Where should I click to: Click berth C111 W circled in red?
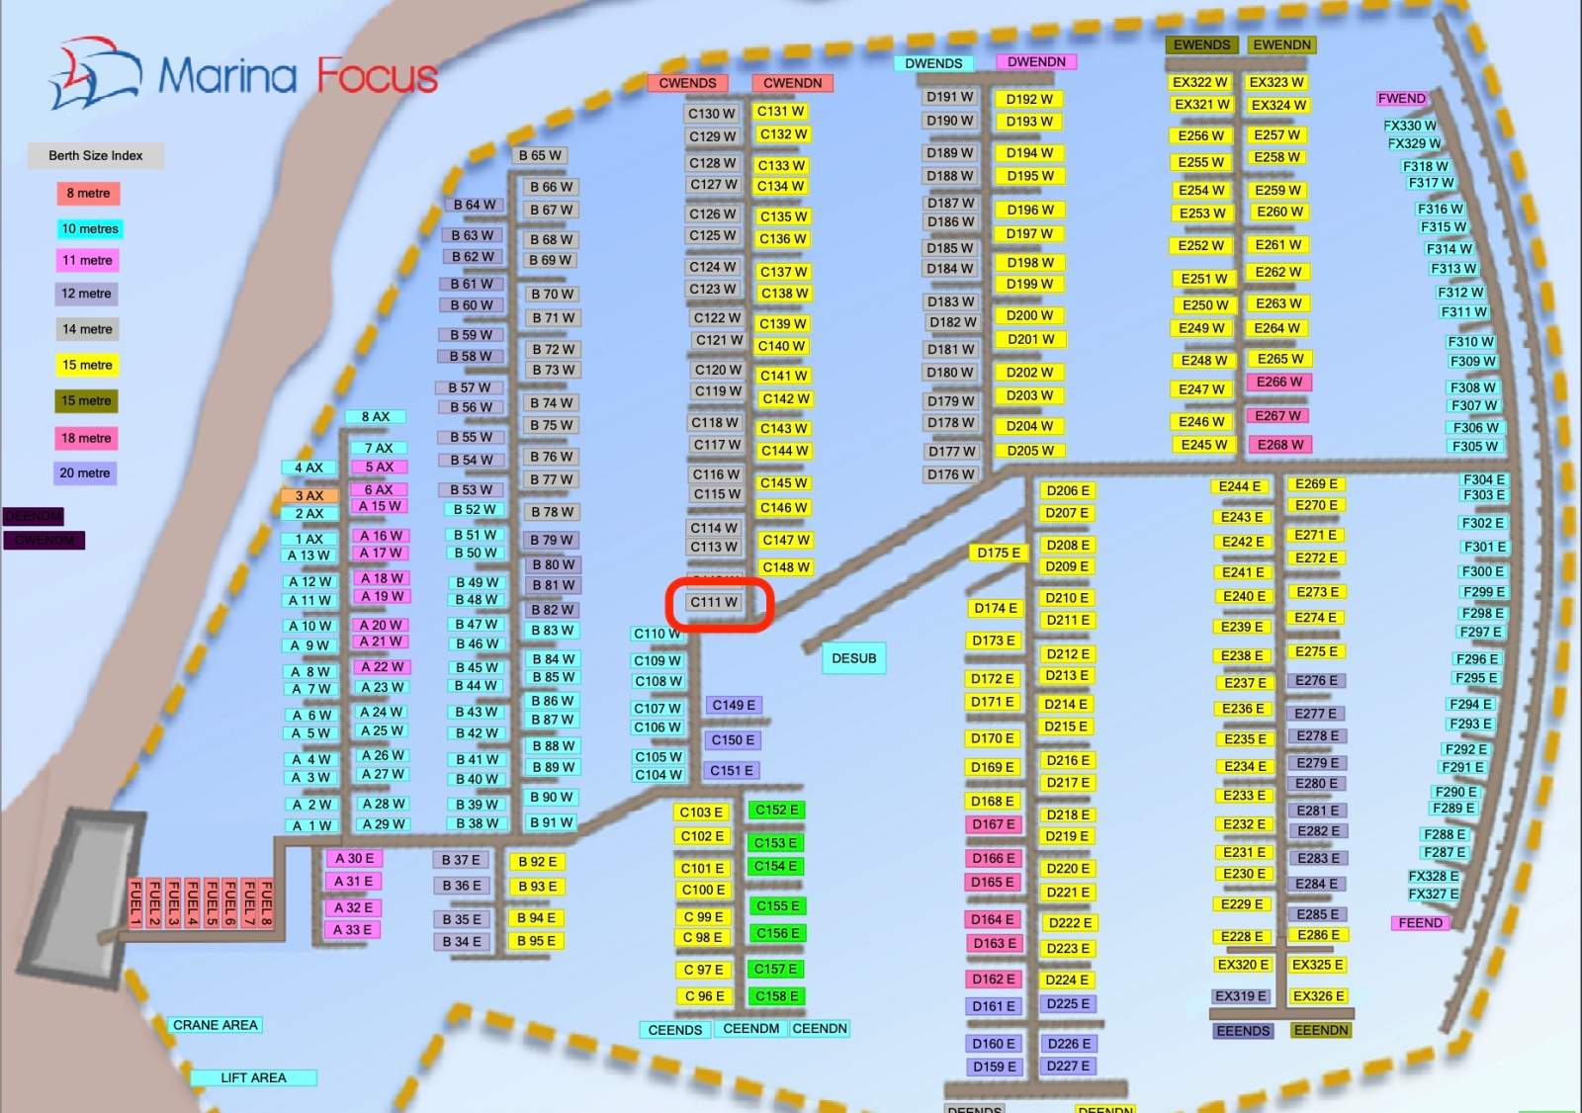point(715,602)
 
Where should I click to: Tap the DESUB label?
point(854,658)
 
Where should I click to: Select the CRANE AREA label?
point(216,1025)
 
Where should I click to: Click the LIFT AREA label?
point(253,1077)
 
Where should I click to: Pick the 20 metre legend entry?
point(85,473)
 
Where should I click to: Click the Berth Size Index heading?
point(96,155)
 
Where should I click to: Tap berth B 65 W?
point(540,155)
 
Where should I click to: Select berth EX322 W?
point(1199,82)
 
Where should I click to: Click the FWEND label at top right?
point(1401,98)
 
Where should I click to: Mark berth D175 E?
point(999,553)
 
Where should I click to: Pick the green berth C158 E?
point(776,996)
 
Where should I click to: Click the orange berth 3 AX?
point(309,495)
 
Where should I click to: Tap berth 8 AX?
point(376,417)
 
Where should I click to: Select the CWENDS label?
point(687,83)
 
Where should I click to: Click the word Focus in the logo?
point(377,76)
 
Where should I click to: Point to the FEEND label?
point(1420,922)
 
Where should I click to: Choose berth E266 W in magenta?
point(1278,382)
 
